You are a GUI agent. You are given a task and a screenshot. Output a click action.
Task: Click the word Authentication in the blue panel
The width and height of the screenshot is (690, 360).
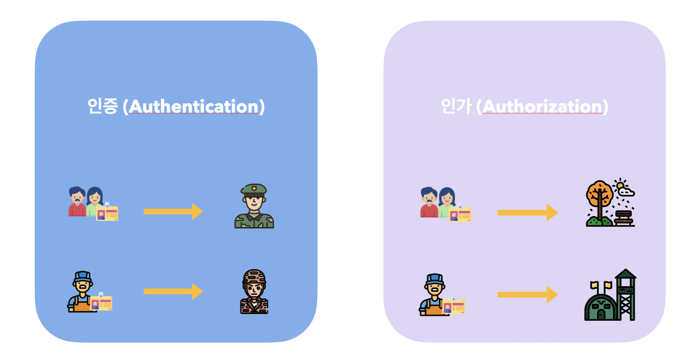point(194,107)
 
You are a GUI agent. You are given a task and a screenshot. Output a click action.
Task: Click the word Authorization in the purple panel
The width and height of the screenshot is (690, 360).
point(542,107)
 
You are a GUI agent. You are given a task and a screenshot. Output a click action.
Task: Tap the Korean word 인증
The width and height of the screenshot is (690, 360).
point(102,106)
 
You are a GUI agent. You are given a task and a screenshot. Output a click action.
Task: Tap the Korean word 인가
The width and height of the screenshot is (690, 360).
point(456,106)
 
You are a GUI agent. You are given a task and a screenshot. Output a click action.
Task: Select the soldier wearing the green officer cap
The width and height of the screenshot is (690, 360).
point(254,206)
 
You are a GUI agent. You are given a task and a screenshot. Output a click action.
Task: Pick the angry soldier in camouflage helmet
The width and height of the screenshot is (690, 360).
point(254,292)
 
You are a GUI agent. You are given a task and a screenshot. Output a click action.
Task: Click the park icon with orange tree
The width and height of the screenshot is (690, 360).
point(610,203)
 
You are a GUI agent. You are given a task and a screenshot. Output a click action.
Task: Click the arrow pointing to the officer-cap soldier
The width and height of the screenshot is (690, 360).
point(173,211)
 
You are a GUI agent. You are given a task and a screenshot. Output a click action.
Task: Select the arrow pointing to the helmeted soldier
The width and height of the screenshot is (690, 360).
point(173,291)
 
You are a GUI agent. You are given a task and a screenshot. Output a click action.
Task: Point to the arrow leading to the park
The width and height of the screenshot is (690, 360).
point(527,212)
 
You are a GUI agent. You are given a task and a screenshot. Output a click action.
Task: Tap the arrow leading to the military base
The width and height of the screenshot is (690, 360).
point(527,295)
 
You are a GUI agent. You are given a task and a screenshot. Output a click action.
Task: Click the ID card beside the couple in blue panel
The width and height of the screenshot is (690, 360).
point(107,213)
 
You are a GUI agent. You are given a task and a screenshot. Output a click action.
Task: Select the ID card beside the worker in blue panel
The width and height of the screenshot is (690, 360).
point(101,303)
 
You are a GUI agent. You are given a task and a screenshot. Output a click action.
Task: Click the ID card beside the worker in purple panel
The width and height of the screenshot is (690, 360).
point(454,306)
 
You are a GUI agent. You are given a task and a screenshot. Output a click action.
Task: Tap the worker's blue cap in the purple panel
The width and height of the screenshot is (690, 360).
point(435,279)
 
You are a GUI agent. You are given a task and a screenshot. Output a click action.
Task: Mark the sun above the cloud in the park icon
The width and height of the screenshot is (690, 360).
point(620,185)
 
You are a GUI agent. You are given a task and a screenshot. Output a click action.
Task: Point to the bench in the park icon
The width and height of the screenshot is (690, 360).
point(623,218)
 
